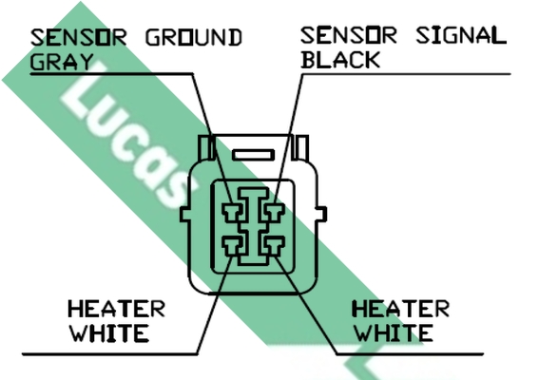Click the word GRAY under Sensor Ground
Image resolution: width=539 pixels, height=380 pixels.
tap(62, 62)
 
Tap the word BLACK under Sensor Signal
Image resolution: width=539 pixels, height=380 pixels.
tap(340, 60)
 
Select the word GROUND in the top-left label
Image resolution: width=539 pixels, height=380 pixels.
tap(194, 37)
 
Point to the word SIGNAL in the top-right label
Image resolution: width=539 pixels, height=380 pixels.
tap(461, 35)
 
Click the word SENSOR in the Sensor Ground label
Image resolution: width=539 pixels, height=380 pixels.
tap(79, 37)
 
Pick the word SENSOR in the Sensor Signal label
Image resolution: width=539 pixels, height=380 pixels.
tap(349, 35)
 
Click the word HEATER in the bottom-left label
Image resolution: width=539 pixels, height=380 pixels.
tap(117, 309)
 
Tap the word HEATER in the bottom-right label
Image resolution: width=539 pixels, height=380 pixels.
tap(401, 309)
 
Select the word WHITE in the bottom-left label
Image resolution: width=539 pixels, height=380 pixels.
tap(109, 332)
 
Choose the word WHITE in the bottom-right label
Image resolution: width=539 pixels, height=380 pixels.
tap(394, 332)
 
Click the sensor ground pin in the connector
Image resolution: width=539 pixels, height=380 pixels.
tap(233, 213)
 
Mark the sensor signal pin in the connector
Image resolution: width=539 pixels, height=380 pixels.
tap(274, 213)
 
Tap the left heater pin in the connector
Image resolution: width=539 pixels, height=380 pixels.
tap(233, 246)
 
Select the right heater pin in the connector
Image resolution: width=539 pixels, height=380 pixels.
tap(274, 246)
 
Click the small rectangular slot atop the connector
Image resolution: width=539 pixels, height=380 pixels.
tap(254, 155)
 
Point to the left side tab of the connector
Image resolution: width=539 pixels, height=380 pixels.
tap(185, 214)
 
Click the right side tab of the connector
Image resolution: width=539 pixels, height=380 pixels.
tap(321, 214)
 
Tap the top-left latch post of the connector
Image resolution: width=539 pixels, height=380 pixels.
tap(206, 147)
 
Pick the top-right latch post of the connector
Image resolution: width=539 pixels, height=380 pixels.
tap(300, 147)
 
